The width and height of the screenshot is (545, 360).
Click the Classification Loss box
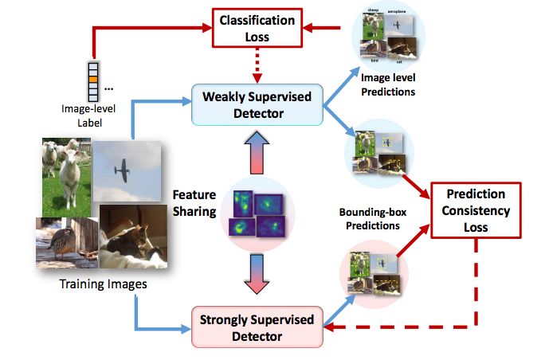(x=257, y=28)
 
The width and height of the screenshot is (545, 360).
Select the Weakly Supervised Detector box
(x=257, y=104)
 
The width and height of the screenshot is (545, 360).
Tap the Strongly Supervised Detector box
(x=257, y=326)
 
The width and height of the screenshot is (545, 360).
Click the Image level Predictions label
(x=388, y=84)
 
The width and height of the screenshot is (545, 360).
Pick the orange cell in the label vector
(x=94, y=80)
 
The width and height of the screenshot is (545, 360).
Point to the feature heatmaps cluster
(x=256, y=212)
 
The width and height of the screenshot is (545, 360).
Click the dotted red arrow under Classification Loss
(x=257, y=65)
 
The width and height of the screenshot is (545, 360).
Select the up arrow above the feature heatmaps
(x=257, y=152)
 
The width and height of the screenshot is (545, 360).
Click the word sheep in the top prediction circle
(x=371, y=11)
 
